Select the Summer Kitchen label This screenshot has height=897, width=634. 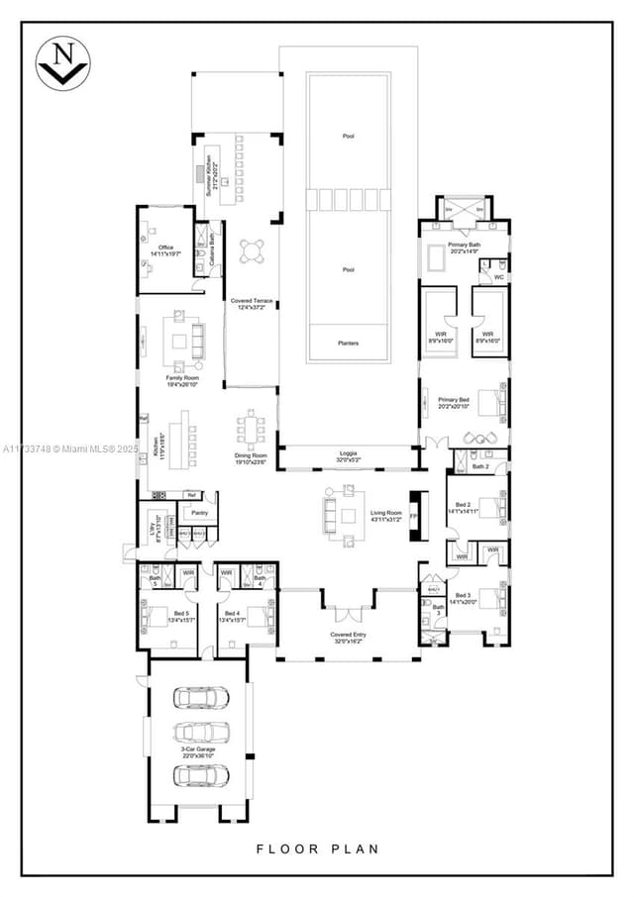pyautogui.click(x=212, y=173)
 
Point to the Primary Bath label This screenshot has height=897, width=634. pyautogui.click(x=464, y=248)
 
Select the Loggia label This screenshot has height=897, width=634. pyautogui.click(x=347, y=456)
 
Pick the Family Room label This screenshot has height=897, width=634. pyautogui.click(x=182, y=380)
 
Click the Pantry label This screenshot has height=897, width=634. pyautogui.click(x=199, y=513)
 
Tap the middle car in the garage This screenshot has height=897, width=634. pyautogui.click(x=201, y=733)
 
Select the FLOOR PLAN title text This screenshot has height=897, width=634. pyautogui.click(x=317, y=848)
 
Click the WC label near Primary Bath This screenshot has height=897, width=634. pyautogui.click(x=498, y=277)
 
